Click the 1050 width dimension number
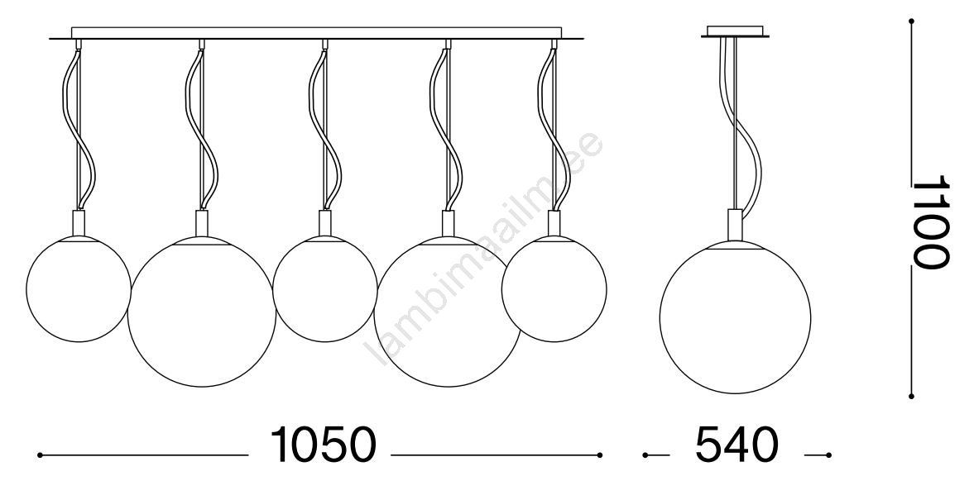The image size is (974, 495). pos(323,445)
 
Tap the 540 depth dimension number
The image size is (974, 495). pos(736,445)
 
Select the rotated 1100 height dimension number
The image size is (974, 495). pos(930,221)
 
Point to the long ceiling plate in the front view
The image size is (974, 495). pos(317,33)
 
